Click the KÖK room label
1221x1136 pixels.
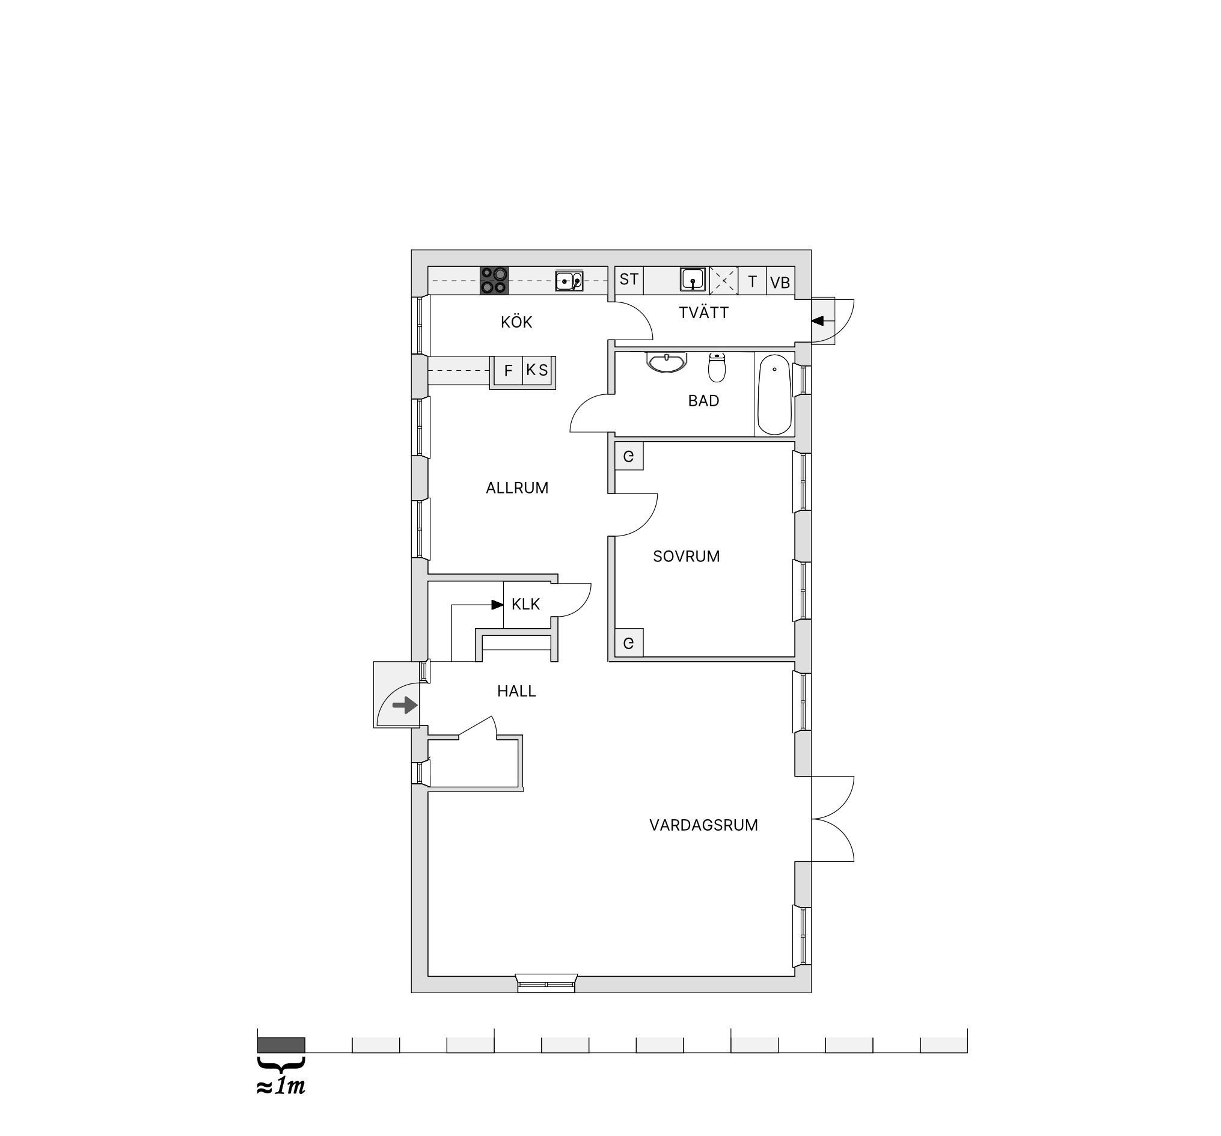pos(516,322)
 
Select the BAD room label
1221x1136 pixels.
pos(703,400)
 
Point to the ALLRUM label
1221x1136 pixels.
pos(516,487)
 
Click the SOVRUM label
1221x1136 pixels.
pos(686,557)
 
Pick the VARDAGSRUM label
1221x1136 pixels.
pos(703,825)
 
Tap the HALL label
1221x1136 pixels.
pos(516,691)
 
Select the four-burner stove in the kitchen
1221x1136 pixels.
pos(494,280)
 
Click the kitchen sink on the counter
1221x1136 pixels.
pos(569,281)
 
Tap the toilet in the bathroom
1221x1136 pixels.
pos(717,367)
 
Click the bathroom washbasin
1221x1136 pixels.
pos(666,362)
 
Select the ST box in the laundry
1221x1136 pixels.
pos(629,280)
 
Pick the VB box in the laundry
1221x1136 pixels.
pos(780,281)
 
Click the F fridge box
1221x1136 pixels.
pos(508,370)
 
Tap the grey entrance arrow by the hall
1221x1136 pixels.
pos(405,705)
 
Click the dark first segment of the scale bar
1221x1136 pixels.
pos(281,1045)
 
